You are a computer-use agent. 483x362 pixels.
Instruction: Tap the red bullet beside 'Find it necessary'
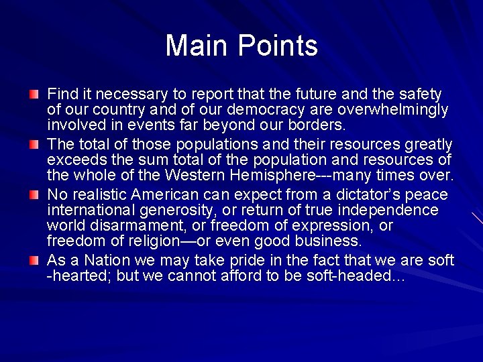tap(34, 94)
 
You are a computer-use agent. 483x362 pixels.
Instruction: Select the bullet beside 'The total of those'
tap(34, 144)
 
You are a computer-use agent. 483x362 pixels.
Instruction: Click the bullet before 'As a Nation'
tap(34, 259)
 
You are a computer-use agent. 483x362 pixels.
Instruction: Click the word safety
tap(418, 94)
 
